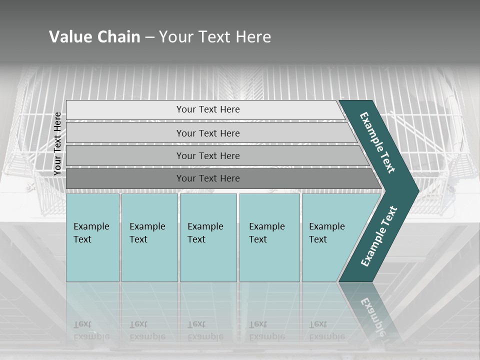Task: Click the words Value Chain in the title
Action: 94,36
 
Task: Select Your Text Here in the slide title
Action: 215,36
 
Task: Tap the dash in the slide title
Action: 149,37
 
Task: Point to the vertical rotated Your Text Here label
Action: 57,143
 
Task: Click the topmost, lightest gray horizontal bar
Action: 207,109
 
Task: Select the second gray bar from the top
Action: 207,133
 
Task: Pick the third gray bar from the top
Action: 207,155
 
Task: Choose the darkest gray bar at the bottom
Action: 207,178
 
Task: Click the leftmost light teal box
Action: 92,237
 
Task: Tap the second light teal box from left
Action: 149,237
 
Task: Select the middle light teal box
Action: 208,237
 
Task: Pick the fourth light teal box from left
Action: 269,237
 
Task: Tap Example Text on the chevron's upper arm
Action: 377,142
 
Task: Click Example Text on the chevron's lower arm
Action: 379,236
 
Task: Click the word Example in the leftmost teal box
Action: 91,226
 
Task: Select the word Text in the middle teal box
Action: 196,239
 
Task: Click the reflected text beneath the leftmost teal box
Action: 91,330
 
